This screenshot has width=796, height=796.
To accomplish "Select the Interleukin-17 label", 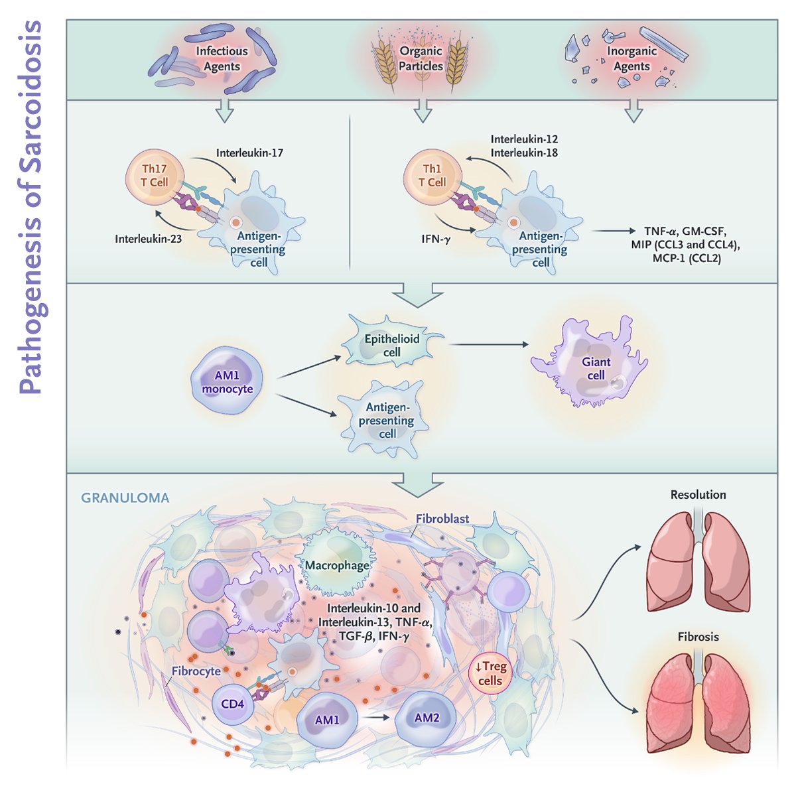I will click(249, 153).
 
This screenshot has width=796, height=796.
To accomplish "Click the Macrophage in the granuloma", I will click(337, 565).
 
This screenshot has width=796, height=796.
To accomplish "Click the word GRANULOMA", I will click(125, 497).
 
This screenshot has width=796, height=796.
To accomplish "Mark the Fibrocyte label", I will click(196, 671).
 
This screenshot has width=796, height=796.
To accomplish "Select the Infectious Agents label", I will click(222, 58).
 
